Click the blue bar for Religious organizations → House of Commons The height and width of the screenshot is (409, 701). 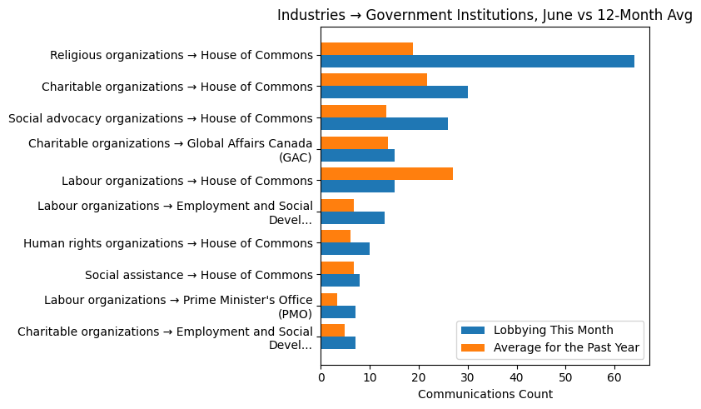pyautogui.click(x=477, y=61)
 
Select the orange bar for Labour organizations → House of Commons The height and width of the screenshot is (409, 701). pyautogui.click(x=386, y=173)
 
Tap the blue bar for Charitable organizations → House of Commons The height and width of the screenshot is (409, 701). pyautogui.click(x=394, y=92)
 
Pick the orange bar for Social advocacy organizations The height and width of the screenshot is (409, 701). pyautogui.click(x=353, y=111)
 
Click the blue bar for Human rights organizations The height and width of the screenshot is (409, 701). pyautogui.click(x=345, y=248)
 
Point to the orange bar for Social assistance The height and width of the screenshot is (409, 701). pyautogui.click(x=337, y=267)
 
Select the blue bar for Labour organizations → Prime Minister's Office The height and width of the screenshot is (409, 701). pyautogui.click(x=338, y=312)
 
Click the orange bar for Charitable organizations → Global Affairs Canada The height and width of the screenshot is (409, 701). pyautogui.click(x=354, y=142)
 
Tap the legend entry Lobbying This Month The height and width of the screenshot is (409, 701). pyautogui.click(x=553, y=328)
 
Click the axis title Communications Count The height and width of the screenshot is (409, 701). pyautogui.click(x=485, y=394)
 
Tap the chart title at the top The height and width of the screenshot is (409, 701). pyautogui.click(x=485, y=15)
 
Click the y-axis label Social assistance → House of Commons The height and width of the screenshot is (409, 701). pyautogui.click(x=199, y=274)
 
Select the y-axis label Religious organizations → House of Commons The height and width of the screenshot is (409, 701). pyautogui.click(x=181, y=55)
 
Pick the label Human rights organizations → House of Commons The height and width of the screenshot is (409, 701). pyautogui.click(x=168, y=243)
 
